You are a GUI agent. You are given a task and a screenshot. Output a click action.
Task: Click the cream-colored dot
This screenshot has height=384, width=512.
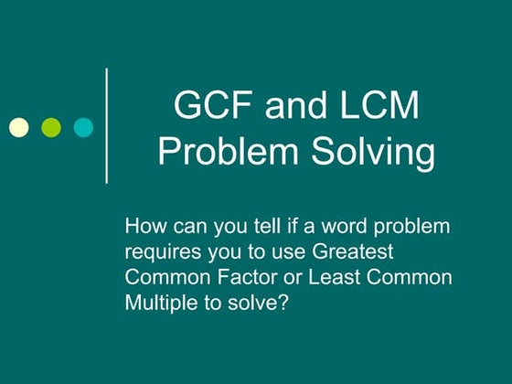[19, 126]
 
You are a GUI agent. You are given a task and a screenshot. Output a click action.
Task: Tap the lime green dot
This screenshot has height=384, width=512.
[51, 126]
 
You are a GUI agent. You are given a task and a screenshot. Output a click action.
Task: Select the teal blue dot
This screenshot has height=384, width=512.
[83, 126]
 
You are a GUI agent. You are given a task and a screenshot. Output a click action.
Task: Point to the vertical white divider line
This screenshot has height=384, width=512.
[108, 125]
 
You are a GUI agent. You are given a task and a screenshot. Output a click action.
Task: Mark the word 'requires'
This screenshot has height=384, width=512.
[158, 251]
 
